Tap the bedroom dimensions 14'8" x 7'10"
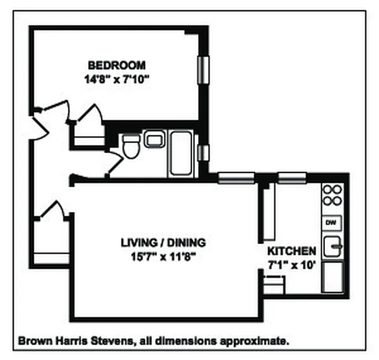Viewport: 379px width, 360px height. (x=117, y=80)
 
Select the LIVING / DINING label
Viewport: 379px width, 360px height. (x=163, y=243)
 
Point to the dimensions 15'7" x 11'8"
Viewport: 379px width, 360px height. (x=163, y=257)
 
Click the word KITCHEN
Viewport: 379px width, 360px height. (x=292, y=251)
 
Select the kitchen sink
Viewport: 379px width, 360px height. (x=333, y=246)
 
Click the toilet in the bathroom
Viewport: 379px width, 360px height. (x=131, y=146)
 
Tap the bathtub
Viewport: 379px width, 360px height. (x=182, y=153)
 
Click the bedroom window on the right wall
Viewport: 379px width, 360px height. (x=203, y=69)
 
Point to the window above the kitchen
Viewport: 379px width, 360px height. (x=292, y=178)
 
